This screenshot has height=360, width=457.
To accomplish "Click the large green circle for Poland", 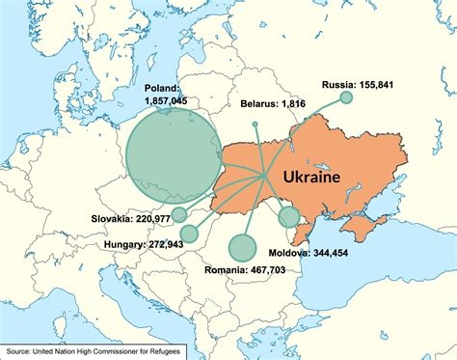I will (x=172, y=155).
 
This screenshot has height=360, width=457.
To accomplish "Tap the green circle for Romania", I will (x=242, y=248).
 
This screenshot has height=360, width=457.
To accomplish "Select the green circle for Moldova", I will (x=289, y=216).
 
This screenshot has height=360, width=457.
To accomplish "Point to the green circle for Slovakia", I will (x=179, y=213).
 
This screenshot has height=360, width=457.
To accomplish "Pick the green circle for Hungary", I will (x=188, y=233).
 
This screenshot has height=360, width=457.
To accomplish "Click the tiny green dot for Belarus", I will (x=255, y=125).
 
